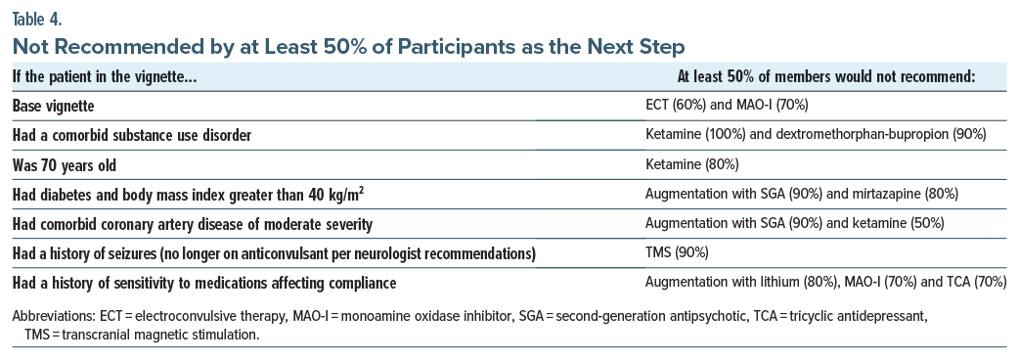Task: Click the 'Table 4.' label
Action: [x=37, y=19]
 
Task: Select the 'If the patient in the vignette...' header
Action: [x=105, y=76]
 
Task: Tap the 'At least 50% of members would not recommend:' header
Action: [x=826, y=76]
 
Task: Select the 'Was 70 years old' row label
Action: [x=65, y=165]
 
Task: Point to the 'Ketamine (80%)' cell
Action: [x=691, y=165]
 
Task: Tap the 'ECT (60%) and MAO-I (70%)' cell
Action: [x=727, y=106]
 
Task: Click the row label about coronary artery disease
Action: [x=193, y=224]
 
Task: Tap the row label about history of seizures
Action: [x=274, y=253]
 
